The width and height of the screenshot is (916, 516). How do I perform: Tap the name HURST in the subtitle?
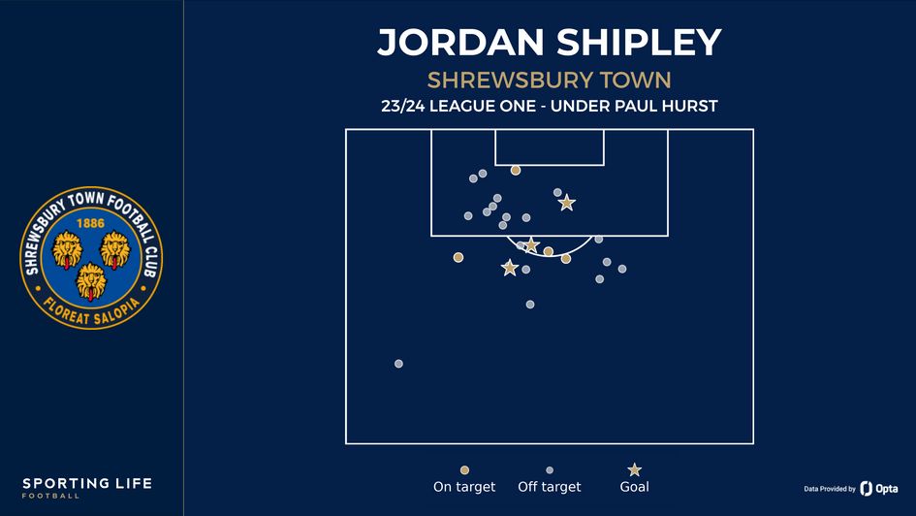(x=687, y=106)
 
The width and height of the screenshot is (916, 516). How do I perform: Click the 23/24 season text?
(x=410, y=106)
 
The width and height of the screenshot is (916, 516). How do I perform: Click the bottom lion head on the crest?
(x=91, y=280)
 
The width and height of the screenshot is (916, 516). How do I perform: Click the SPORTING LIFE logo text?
(x=87, y=483)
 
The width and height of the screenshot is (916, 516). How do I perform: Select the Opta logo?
(x=878, y=488)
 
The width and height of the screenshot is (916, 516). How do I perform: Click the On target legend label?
(x=464, y=487)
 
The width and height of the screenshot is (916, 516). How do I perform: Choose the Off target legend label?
(x=550, y=487)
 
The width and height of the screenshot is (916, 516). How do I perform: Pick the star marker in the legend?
(x=634, y=469)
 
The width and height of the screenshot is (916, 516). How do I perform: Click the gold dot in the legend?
(x=464, y=470)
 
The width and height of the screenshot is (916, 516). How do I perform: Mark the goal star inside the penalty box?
(x=567, y=203)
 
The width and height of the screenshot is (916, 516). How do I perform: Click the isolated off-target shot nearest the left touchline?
(x=398, y=364)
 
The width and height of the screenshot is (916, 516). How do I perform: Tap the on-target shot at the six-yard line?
(x=516, y=170)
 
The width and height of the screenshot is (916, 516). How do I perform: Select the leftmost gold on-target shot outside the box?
(x=458, y=257)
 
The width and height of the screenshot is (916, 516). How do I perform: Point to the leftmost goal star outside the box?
(x=510, y=268)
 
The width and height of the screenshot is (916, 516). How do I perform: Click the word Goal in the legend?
(x=634, y=487)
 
